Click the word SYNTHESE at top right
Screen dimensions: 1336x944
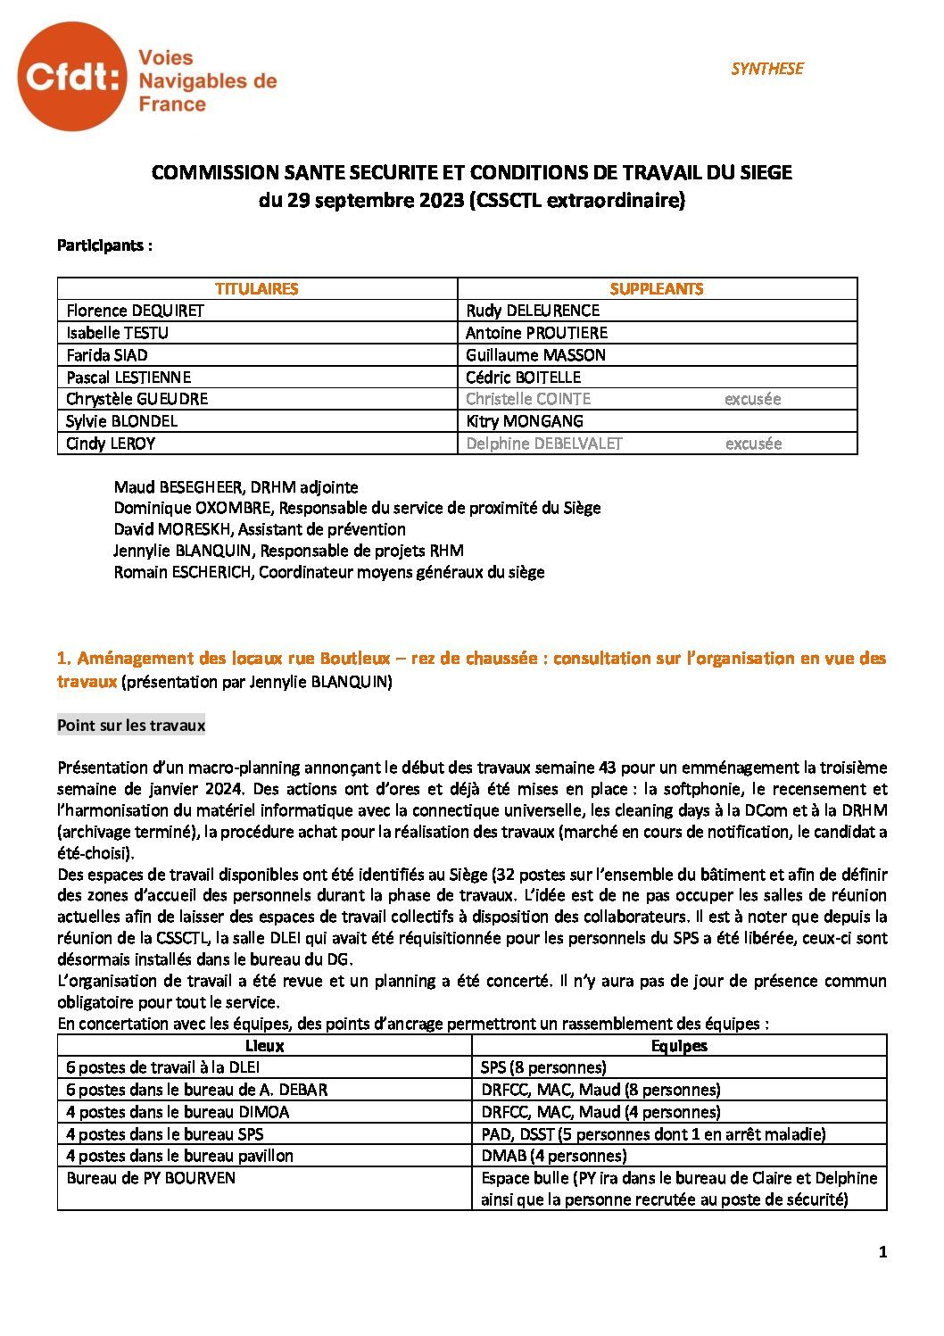click(766, 69)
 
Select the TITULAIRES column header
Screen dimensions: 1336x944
click(257, 288)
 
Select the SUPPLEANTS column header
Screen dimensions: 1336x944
click(657, 288)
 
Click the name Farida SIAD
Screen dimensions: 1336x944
click(107, 355)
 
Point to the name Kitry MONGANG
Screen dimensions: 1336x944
click(525, 421)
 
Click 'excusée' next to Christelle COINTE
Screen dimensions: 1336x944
click(752, 399)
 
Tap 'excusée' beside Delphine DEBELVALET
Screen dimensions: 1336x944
click(753, 444)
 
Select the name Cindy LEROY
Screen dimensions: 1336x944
click(111, 444)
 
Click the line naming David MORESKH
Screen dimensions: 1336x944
click(260, 529)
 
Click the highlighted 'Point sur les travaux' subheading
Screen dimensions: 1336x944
click(131, 725)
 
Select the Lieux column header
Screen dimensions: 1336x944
click(264, 1046)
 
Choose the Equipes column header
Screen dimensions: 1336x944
click(679, 1046)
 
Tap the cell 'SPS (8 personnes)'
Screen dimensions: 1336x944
click(543, 1067)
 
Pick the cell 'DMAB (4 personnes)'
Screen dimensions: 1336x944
click(553, 1156)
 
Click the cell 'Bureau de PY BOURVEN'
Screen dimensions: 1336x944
click(151, 1178)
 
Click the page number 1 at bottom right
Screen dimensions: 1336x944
click(882, 1252)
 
